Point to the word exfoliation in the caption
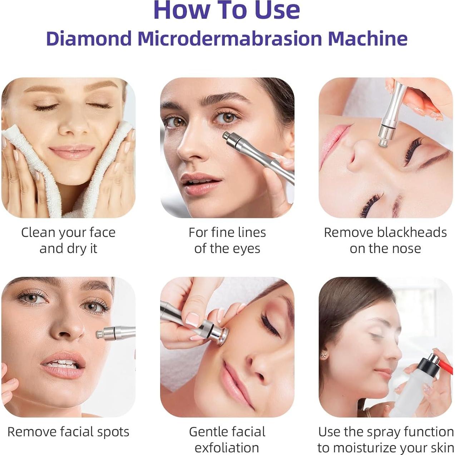(227, 447)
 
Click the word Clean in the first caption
(38, 232)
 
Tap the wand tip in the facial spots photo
(99, 335)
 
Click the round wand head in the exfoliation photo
(222, 337)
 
